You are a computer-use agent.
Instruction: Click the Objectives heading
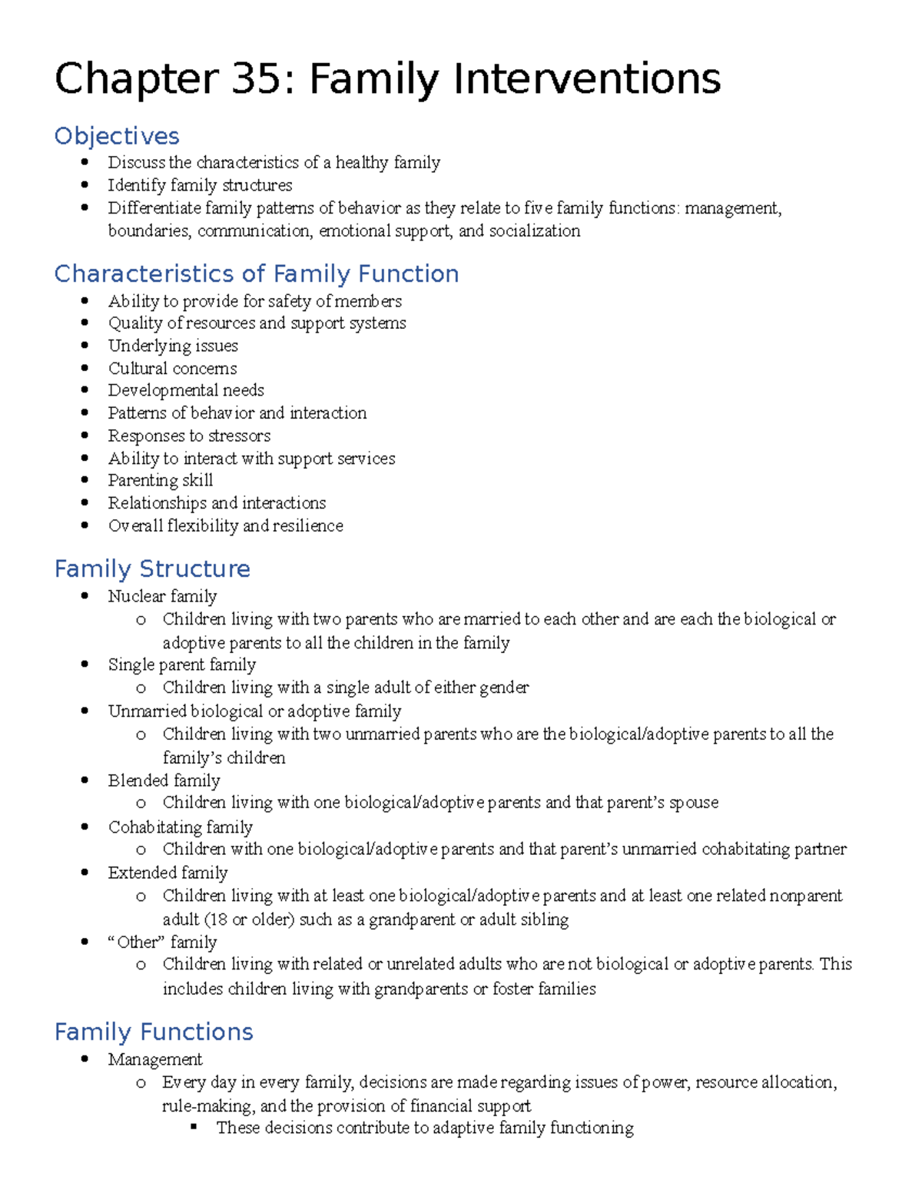pyautogui.click(x=117, y=136)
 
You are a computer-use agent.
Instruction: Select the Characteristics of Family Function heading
pyautogui.click(x=257, y=273)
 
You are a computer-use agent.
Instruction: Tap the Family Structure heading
pyautogui.click(x=152, y=568)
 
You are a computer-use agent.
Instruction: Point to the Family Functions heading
pyautogui.click(x=154, y=1032)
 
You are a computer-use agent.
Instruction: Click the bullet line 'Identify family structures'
pyautogui.click(x=200, y=185)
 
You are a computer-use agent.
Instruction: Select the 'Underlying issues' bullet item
pyautogui.click(x=173, y=346)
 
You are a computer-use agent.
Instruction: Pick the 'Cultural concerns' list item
pyautogui.click(x=172, y=369)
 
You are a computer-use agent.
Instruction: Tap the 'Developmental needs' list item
pyautogui.click(x=186, y=390)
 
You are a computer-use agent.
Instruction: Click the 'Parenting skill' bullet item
pyautogui.click(x=161, y=481)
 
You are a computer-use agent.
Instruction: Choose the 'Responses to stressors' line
pyautogui.click(x=189, y=436)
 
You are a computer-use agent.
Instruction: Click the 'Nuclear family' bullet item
pyautogui.click(x=162, y=596)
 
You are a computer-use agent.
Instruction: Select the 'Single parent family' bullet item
pyautogui.click(x=182, y=664)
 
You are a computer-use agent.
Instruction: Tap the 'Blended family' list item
pyautogui.click(x=164, y=780)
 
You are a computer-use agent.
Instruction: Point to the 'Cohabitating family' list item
pyautogui.click(x=181, y=827)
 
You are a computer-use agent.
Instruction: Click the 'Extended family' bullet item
pyautogui.click(x=167, y=873)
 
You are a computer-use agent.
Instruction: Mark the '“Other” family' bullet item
pyautogui.click(x=162, y=942)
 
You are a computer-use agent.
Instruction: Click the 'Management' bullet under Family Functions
pyautogui.click(x=155, y=1059)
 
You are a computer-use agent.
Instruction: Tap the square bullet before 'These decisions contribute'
pyautogui.click(x=194, y=1127)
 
